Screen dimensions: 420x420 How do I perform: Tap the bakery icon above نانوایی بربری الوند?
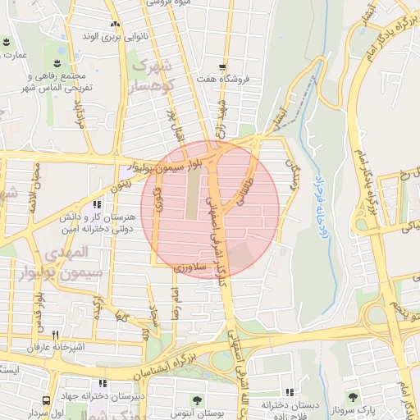coord(115,25)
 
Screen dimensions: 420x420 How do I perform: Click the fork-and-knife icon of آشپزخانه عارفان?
coord(56,335)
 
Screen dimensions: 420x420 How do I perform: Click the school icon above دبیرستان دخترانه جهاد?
coord(102,383)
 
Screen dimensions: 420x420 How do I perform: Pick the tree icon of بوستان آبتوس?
coord(197,400)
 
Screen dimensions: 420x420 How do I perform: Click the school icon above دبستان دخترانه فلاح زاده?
coord(288,393)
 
